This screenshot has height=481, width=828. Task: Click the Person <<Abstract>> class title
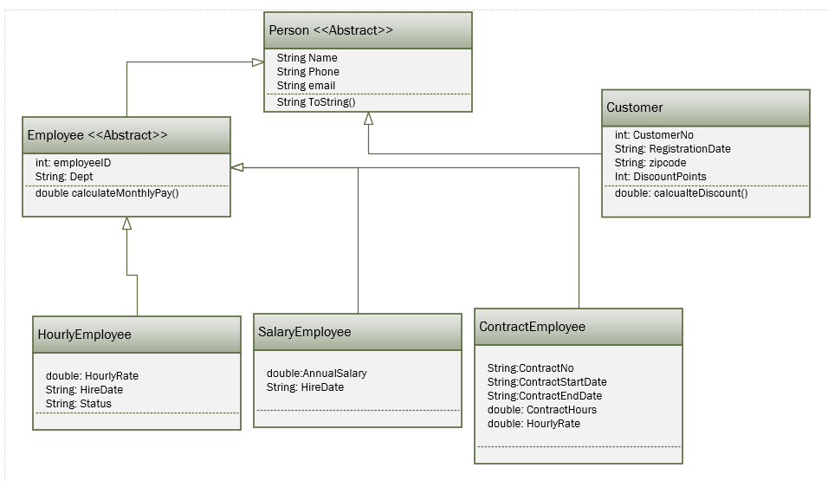coord(331,30)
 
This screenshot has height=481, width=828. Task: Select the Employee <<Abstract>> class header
coord(97,135)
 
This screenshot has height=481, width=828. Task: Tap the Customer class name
coord(635,107)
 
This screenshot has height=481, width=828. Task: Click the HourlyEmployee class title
coord(85,335)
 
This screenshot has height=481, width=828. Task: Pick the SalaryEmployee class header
coord(305,332)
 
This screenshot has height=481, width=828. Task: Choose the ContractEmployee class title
coord(533,327)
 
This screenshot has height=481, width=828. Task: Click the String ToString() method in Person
coord(316,101)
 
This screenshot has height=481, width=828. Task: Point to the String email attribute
coord(306,86)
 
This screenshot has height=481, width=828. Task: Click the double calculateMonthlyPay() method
coord(107,192)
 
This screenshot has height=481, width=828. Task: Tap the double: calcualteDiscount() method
coord(681,193)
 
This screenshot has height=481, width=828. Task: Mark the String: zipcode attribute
coord(650,162)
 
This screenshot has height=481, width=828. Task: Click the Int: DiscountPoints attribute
coord(660,176)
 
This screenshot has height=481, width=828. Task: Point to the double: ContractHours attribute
coord(541,410)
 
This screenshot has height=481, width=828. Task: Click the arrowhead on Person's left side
coord(257,62)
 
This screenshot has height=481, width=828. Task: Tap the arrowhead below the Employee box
coord(126,224)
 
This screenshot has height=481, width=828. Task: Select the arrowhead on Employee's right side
coord(237,166)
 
